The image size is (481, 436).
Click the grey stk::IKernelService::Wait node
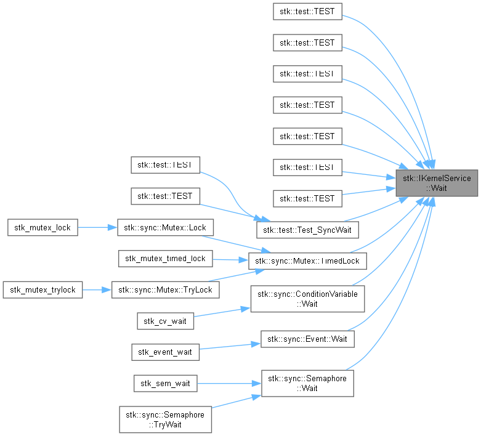tap(437, 183)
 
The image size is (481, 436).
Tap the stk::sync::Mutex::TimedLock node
tap(307, 260)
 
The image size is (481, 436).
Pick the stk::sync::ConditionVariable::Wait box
tap(307, 298)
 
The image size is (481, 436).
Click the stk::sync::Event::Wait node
tap(307, 339)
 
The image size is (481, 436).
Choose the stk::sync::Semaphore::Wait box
tap(307, 383)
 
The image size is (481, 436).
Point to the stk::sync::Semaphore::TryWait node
tap(165, 419)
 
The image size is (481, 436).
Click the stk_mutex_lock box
tap(42, 227)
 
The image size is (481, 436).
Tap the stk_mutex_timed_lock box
tap(166, 259)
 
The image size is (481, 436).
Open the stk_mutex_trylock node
tap(42, 289)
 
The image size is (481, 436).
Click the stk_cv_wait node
tap(165, 320)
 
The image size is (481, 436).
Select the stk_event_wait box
tap(165, 352)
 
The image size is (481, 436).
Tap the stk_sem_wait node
tap(165, 383)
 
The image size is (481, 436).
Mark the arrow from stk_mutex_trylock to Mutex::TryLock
tap(97, 289)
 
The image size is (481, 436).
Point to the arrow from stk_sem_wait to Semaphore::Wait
tap(228, 383)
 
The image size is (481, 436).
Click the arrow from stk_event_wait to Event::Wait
tap(228, 348)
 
